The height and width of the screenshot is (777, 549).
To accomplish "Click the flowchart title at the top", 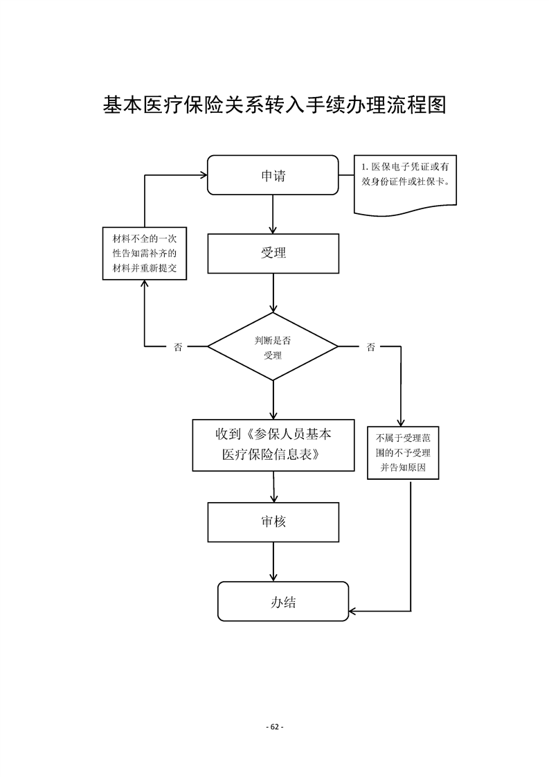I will (x=274, y=105).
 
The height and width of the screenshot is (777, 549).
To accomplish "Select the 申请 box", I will (x=273, y=175).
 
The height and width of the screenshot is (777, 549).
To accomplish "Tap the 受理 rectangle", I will (x=273, y=253).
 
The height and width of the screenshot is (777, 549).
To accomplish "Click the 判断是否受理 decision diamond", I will (x=273, y=346).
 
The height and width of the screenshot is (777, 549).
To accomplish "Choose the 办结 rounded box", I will (x=283, y=601).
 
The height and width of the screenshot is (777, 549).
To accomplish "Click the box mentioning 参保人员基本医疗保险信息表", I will (x=273, y=445).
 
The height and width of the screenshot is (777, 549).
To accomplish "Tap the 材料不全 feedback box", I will (x=144, y=253).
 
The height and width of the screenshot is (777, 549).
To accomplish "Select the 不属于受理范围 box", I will (x=402, y=453).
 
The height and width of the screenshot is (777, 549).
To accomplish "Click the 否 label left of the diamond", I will (x=178, y=347).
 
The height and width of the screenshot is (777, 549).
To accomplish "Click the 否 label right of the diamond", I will (x=371, y=347).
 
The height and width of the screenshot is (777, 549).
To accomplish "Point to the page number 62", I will (x=274, y=726).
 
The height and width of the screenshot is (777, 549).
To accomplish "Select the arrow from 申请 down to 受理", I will (x=273, y=215).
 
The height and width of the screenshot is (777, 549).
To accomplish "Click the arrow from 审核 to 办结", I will (x=273, y=562).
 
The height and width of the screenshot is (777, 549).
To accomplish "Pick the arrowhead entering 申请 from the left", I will (x=203, y=175).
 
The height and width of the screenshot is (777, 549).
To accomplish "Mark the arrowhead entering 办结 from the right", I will (x=353, y=611).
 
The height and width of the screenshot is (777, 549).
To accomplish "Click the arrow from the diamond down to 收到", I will (x=273, y=400).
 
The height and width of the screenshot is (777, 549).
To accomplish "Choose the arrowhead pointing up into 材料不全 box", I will (x=144, y=285).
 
